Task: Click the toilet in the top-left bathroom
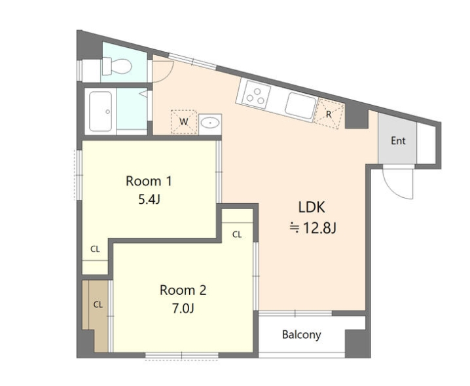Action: [117, 66]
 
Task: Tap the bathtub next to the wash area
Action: [101, 111]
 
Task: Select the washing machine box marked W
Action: [184, 122]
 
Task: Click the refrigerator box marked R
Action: [329, 114]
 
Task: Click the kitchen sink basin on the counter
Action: [300, 106]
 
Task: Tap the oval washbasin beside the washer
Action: [210, 123]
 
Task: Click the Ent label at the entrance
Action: [398, 141]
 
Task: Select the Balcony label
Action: [302, 334]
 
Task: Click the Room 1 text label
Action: [149, 181]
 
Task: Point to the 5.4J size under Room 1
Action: [149, 199]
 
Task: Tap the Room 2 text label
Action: [183, 290]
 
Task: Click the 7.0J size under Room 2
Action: [183, 308]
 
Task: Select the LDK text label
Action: [312, 207]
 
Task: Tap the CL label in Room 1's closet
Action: [95, 249]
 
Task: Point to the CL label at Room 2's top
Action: [237, 235]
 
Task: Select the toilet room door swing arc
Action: [167, 76]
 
